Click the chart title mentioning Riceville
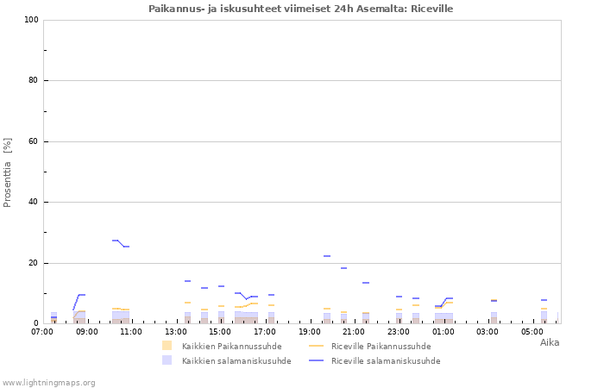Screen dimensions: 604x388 (300, 9)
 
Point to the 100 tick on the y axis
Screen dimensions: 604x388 (32, 20)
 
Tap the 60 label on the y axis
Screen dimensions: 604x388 (33, 141)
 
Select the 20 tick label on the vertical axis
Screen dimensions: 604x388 (33, 263)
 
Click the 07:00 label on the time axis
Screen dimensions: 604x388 (42, 331)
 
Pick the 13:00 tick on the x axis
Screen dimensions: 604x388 (176, 331)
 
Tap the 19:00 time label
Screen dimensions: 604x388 (309, 331)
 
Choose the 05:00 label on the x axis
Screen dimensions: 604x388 (532, 331)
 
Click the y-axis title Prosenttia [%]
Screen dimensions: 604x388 (7, 172)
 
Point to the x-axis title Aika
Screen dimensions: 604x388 (550, 342)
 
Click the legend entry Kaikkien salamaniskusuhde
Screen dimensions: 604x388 (226, 360)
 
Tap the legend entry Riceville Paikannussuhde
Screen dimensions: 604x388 (370, 346)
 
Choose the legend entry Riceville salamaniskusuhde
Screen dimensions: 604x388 (374, 360)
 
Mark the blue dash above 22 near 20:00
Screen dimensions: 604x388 (327, 256)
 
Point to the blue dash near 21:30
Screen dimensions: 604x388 (366, 283)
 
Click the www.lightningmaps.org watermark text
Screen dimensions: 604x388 (48, 383)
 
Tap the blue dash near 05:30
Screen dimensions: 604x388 (544, 300)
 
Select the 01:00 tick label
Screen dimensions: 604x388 (443, 331)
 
